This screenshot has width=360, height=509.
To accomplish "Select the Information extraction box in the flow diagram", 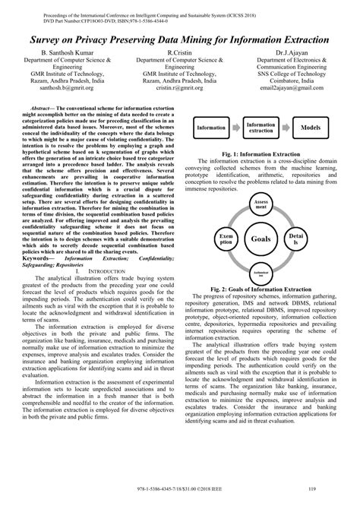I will point(261,128).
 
